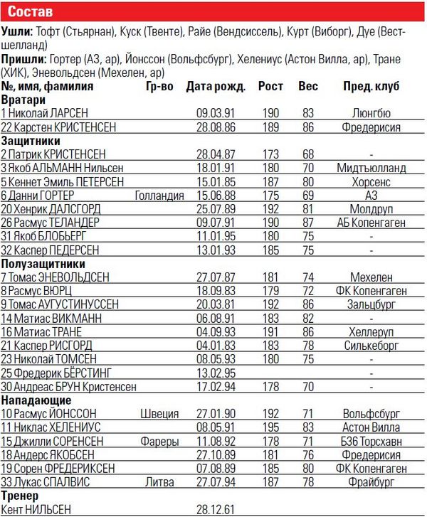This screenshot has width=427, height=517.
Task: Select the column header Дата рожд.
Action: (216, 87)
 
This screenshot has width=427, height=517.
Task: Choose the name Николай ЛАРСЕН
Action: (43, 113)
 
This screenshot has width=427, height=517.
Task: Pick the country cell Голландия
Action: (158, 195)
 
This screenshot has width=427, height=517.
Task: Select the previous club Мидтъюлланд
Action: (371, 168)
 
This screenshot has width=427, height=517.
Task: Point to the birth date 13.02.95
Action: (213, 373)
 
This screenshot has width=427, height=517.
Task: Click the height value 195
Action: (270, 427)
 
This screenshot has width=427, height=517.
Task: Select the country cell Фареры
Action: (159, 441)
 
